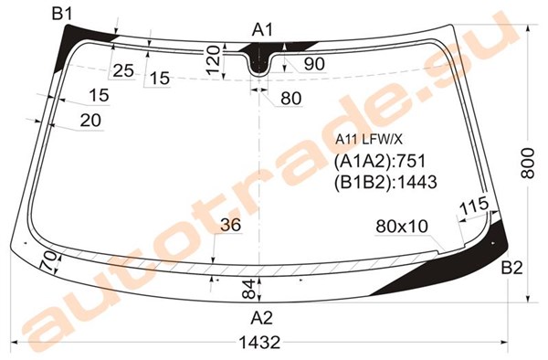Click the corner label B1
coord(62,15)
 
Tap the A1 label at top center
coord(262,30)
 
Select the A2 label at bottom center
coord(261,318)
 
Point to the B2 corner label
coord(512,268)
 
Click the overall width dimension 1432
coord(259,342)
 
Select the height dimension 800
coord(528,164)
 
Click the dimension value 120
coord(213,60)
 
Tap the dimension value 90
coord(314,64)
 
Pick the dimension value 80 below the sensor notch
coord(291,98)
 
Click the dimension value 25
coord(123,70)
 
